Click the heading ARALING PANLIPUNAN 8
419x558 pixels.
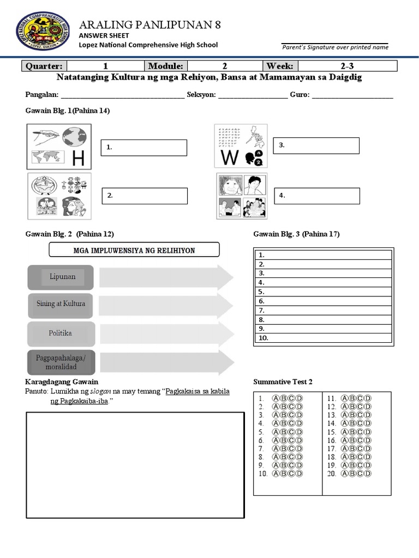(149, 25)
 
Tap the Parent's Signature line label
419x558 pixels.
(335, 47)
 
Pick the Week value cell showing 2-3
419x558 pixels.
(347, 66)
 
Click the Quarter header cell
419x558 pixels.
(44, 66)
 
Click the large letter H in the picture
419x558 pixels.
(79, 159)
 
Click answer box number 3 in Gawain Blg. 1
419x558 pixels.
(316, 145)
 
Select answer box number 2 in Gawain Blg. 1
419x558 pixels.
(144, 196)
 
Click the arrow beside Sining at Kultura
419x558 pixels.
(166, 305)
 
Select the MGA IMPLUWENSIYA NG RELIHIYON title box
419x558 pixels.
(134, 250)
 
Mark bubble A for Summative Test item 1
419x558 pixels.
(276, 398)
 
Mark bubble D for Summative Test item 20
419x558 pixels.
(368, 474)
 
